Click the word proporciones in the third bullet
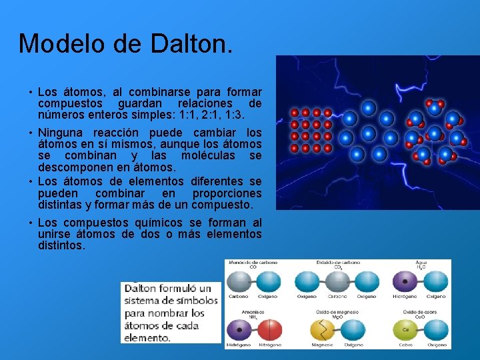227,193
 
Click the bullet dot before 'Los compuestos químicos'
31,223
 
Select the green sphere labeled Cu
405,330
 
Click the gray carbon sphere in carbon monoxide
239,281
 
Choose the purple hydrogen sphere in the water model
405,281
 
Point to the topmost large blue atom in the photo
368,107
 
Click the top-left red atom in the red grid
295,113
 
